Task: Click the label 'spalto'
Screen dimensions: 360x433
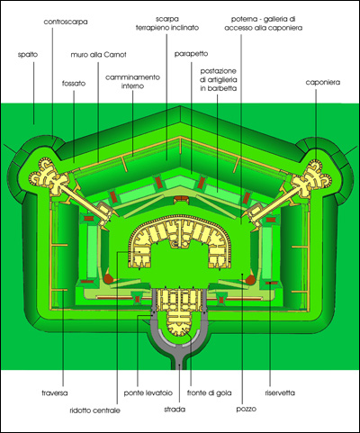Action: (28, 55)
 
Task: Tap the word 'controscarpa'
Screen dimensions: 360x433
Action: (66, 22)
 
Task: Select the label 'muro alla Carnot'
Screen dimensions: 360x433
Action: (98, 55)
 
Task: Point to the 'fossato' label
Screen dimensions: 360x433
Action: (74, 83)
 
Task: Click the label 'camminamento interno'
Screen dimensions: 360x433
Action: (132, 82)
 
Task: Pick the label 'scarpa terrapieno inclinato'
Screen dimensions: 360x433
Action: (167, 23)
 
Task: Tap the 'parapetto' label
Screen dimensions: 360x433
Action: (191, 54)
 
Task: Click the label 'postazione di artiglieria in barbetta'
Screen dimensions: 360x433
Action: (219, 80)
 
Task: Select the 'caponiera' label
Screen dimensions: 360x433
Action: (323, 82)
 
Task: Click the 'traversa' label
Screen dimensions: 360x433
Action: (55, 392)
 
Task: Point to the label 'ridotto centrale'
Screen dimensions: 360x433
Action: (94, 410)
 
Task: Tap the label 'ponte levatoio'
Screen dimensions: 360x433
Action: (148, 392)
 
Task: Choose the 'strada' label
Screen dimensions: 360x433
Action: (175, 410)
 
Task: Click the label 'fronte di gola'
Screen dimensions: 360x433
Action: (210, 392)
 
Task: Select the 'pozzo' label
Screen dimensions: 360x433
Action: (247, 409)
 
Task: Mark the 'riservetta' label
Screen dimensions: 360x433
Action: (280, 392)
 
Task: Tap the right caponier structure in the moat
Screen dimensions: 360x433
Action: (312, 177)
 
